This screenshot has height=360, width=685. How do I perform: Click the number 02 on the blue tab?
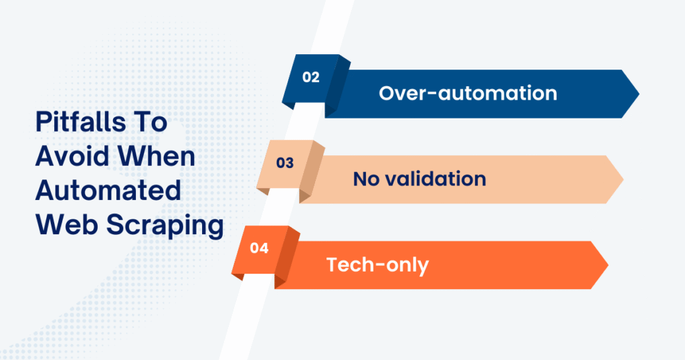click(310, 77)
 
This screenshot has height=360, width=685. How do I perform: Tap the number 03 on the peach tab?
click(285, 163)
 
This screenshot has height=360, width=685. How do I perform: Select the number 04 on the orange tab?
click(259, 248)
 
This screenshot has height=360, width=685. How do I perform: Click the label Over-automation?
click(468, 93)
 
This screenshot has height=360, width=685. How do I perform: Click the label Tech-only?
click(377, 265)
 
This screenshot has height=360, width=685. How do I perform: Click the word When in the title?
click(160, 157)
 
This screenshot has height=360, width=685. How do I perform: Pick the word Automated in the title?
click(108, 191)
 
